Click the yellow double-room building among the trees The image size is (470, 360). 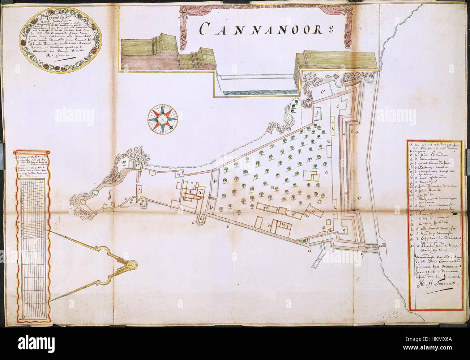(311, 176)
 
